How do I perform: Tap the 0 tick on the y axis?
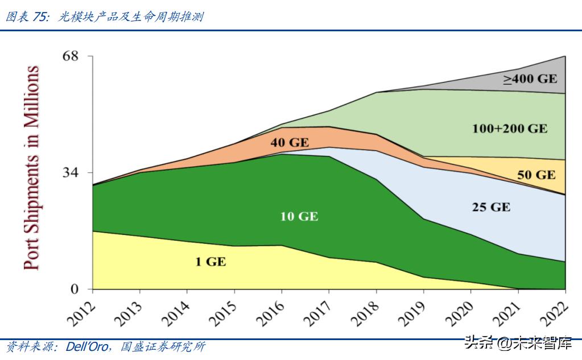(74, 289)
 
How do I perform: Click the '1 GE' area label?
(210, 262)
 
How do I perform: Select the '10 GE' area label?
(299, 217)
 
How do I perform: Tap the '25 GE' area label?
(491, 207)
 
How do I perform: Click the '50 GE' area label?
(536, 175)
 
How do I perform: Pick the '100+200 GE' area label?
(510, 129)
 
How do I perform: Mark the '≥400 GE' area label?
(530, 78)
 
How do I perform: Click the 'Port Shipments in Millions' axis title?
(32, 168)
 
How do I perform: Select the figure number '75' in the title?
(40, 17)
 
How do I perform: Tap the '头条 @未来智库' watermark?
(519, 343)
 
